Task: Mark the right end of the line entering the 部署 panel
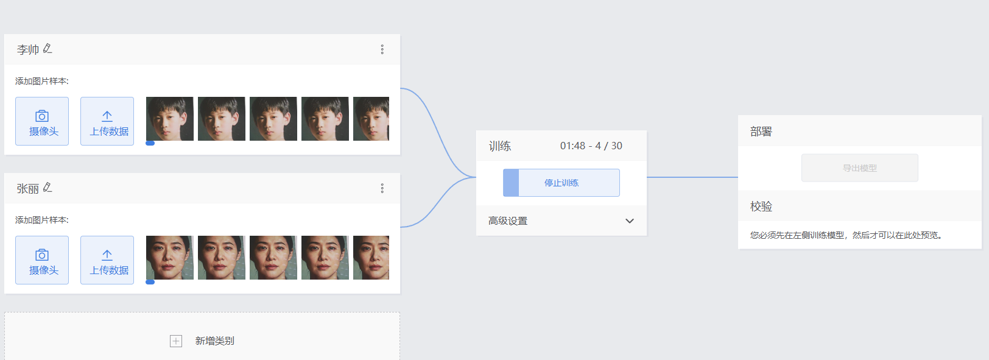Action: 738,177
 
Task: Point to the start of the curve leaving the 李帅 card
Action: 401,88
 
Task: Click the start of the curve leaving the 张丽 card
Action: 401,227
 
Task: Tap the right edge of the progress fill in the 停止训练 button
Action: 518,182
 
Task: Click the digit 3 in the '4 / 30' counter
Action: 614,146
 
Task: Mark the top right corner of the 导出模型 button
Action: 918,154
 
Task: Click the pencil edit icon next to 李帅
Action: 48,49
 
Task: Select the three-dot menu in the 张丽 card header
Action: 382,188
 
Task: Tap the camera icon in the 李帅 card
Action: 42,116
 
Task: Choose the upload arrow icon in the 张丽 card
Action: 107,255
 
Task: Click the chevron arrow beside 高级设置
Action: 630,221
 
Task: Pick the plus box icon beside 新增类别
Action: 176,341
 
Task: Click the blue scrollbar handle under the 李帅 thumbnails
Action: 150,143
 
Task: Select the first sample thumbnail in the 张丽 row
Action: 169,258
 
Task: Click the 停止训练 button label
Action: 561,183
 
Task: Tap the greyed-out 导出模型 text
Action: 860,168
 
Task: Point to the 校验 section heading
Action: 761,206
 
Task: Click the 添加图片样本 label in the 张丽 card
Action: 42,220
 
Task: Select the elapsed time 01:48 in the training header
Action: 572,146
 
